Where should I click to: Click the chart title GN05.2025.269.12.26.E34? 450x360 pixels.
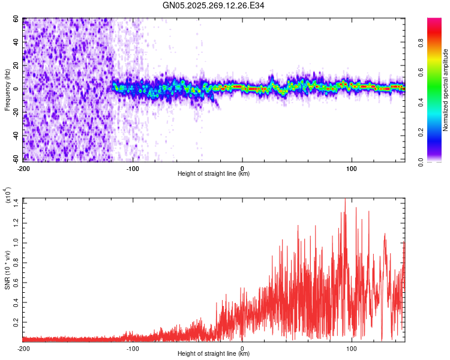pos(225,6)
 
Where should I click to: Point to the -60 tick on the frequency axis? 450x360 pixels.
pos(15,159)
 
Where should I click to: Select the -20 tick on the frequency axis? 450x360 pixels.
pos(15,112)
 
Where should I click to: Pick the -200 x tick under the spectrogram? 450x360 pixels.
pos(24,168)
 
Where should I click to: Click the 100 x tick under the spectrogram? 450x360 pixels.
pos(352,168)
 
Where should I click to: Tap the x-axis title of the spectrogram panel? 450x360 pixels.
pos(214,174)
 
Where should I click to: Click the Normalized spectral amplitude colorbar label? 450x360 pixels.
pos(446,90)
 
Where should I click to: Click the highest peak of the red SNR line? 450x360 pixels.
pos(345,200)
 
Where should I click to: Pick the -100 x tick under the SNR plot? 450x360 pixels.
pos(133,348)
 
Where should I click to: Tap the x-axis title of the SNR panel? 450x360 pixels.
pos(214,354)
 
